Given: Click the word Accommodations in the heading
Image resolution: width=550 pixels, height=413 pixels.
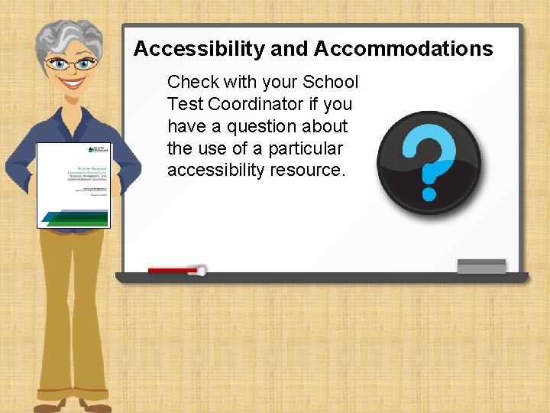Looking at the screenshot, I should pyautogui.click(x=403, y=50).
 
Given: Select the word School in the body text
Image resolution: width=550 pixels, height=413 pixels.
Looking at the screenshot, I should pyautogui.click(x=331, y=82).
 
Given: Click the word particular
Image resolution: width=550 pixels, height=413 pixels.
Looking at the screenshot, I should pyautogui.click(x=305, y=148).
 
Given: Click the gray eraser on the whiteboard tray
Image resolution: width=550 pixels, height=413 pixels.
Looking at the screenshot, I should pyautogui.click(x=481, y=266).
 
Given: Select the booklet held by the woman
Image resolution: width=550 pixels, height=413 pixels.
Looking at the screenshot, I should pyautogui.click(x=74, y=185).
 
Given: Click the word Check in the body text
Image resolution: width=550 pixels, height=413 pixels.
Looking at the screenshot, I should pyautogui.click(x=192, y=82).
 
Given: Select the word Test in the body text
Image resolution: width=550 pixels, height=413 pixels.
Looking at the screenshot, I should pyautogui.click(x=183, y=104).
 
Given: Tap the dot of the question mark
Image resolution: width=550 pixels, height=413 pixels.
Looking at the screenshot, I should pyautogui.click(x=429, y=194).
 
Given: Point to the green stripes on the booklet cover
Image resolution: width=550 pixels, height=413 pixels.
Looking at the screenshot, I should pyautogui.click(x=76, y=216).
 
